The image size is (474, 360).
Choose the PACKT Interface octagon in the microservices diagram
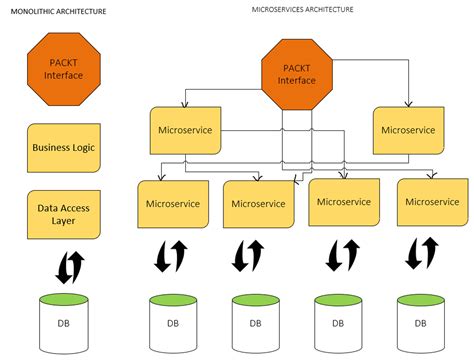click(x=296, y=74)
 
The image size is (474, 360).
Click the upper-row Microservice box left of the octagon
click(x=185, y=130)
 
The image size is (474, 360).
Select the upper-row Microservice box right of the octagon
click(x=408, y=130)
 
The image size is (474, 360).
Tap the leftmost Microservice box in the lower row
click(x=172, y=203)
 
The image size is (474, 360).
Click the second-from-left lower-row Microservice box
click(x=257, y=204)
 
